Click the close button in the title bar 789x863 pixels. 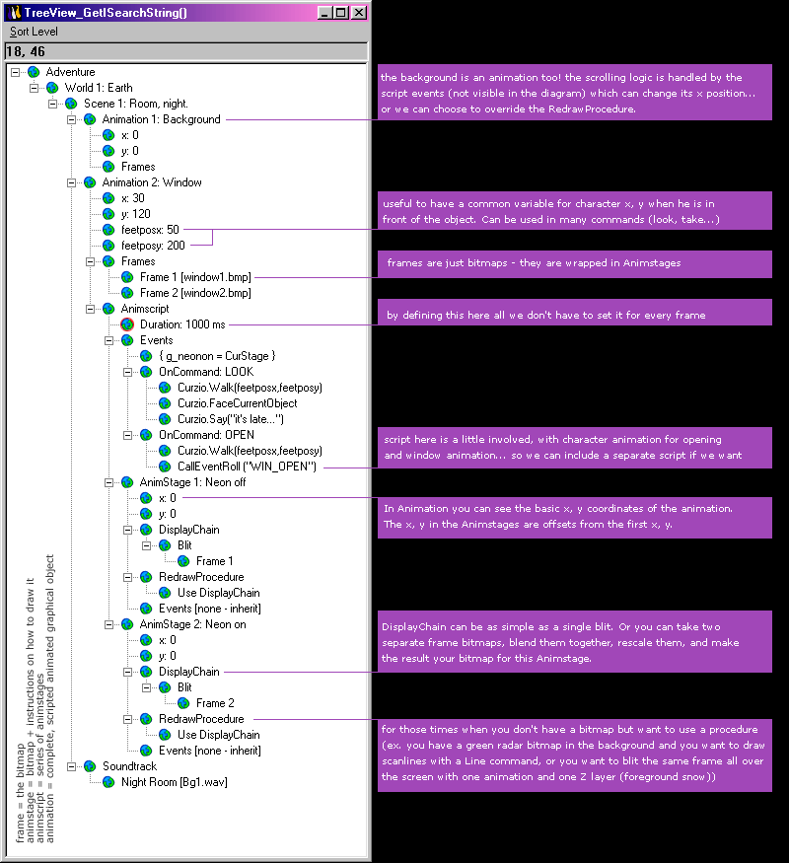pos(359,12)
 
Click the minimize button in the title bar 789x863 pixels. pos(325,12)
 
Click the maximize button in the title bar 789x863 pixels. pos(341,12)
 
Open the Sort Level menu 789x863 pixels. pos(34,32)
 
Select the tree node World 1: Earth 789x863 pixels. pos(99,88)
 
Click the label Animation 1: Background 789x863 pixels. pos(161,119)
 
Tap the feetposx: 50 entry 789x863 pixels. pos(150,230)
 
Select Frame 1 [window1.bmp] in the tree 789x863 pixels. pos(195,277)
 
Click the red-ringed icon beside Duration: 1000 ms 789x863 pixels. pos(127,324)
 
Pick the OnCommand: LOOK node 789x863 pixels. pos(206,372)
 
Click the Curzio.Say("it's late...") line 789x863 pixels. pos(231,419)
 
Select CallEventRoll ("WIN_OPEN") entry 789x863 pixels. pos(247,467)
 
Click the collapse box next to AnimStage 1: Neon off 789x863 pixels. pos(108,482)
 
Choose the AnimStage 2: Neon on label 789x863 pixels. pos(192,624)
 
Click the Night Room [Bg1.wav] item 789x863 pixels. pos(175,782)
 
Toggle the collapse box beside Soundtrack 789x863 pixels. pos(72,766)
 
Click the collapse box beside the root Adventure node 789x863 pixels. pos(16,72)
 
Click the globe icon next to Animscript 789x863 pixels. pos(108,309)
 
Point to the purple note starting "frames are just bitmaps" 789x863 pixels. pos(574,264)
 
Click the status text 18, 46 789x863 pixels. pos(26,51)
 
